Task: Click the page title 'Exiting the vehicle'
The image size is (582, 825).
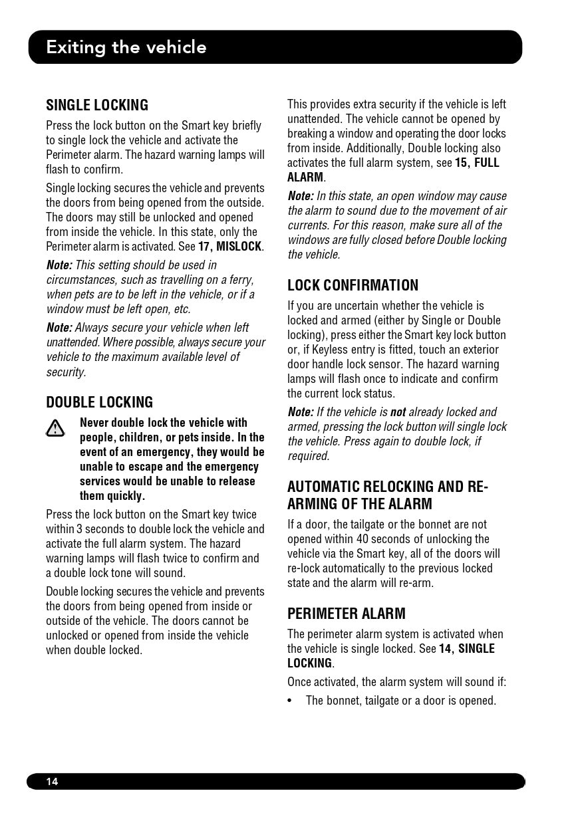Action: pos(126,47)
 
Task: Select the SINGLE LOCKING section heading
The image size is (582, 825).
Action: pos(97,105)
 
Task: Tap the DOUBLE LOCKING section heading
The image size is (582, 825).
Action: pos(99,402)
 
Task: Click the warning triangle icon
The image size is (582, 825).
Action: pos(55,429)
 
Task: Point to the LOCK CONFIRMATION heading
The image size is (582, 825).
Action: pos(353,285)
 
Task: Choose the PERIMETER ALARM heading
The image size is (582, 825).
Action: pos(346,614)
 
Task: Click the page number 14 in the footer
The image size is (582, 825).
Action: pos(52,782)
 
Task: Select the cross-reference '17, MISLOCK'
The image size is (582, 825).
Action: pos(230,247)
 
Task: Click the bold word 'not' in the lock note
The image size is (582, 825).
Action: pos(398,412)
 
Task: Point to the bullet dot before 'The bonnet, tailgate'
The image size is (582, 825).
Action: pos(291,701)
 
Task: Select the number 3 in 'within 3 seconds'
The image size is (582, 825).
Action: pos(79,529)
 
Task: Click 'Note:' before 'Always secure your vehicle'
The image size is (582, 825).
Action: pos(59,328)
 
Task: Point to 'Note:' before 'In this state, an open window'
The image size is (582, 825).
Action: pos(301,196)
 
